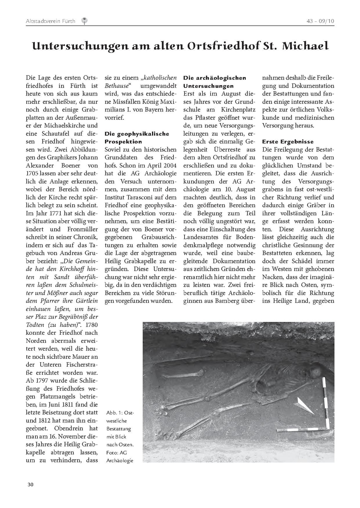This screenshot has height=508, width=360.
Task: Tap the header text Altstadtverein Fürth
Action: [50, 21]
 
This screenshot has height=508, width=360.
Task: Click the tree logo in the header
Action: [85, 21]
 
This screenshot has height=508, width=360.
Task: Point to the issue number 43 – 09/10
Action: [320, 21]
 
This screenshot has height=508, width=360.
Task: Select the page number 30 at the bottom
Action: [30, 484]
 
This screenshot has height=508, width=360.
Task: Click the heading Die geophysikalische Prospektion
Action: [137, 138]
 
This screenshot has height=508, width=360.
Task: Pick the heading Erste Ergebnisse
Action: [288, 142]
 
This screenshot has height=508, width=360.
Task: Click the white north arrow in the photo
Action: [304, 406]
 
